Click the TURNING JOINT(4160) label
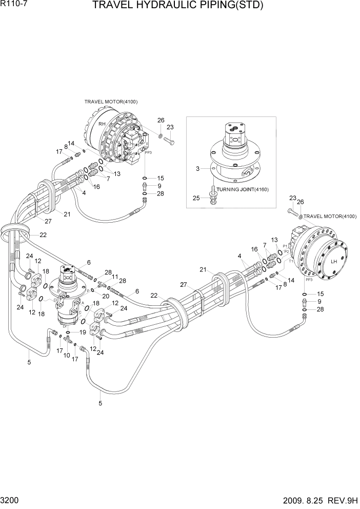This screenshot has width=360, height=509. tap(243, 189)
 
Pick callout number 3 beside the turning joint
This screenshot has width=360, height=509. tap(197, 168)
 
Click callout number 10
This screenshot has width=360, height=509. tap(66, 355)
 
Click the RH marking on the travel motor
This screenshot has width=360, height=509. tap(102, 124)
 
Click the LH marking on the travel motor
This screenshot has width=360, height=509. tap(334, 261)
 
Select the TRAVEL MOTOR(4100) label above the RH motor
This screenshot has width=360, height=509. tap(111, 102)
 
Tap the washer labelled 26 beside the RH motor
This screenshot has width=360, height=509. tap(161, 135)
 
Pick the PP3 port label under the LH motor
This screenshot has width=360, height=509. tap(309, 280)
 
